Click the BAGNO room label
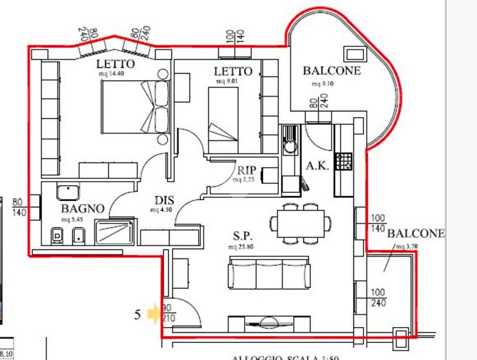coord(82,208)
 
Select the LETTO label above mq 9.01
coord(233,71)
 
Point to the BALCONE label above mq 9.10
coord(332,71)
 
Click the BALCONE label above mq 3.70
coord(416,234)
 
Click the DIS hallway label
coord(163,200)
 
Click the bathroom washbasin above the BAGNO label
coord(68,191)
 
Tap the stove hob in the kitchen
coord(345,162)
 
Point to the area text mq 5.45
coord(73,219)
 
